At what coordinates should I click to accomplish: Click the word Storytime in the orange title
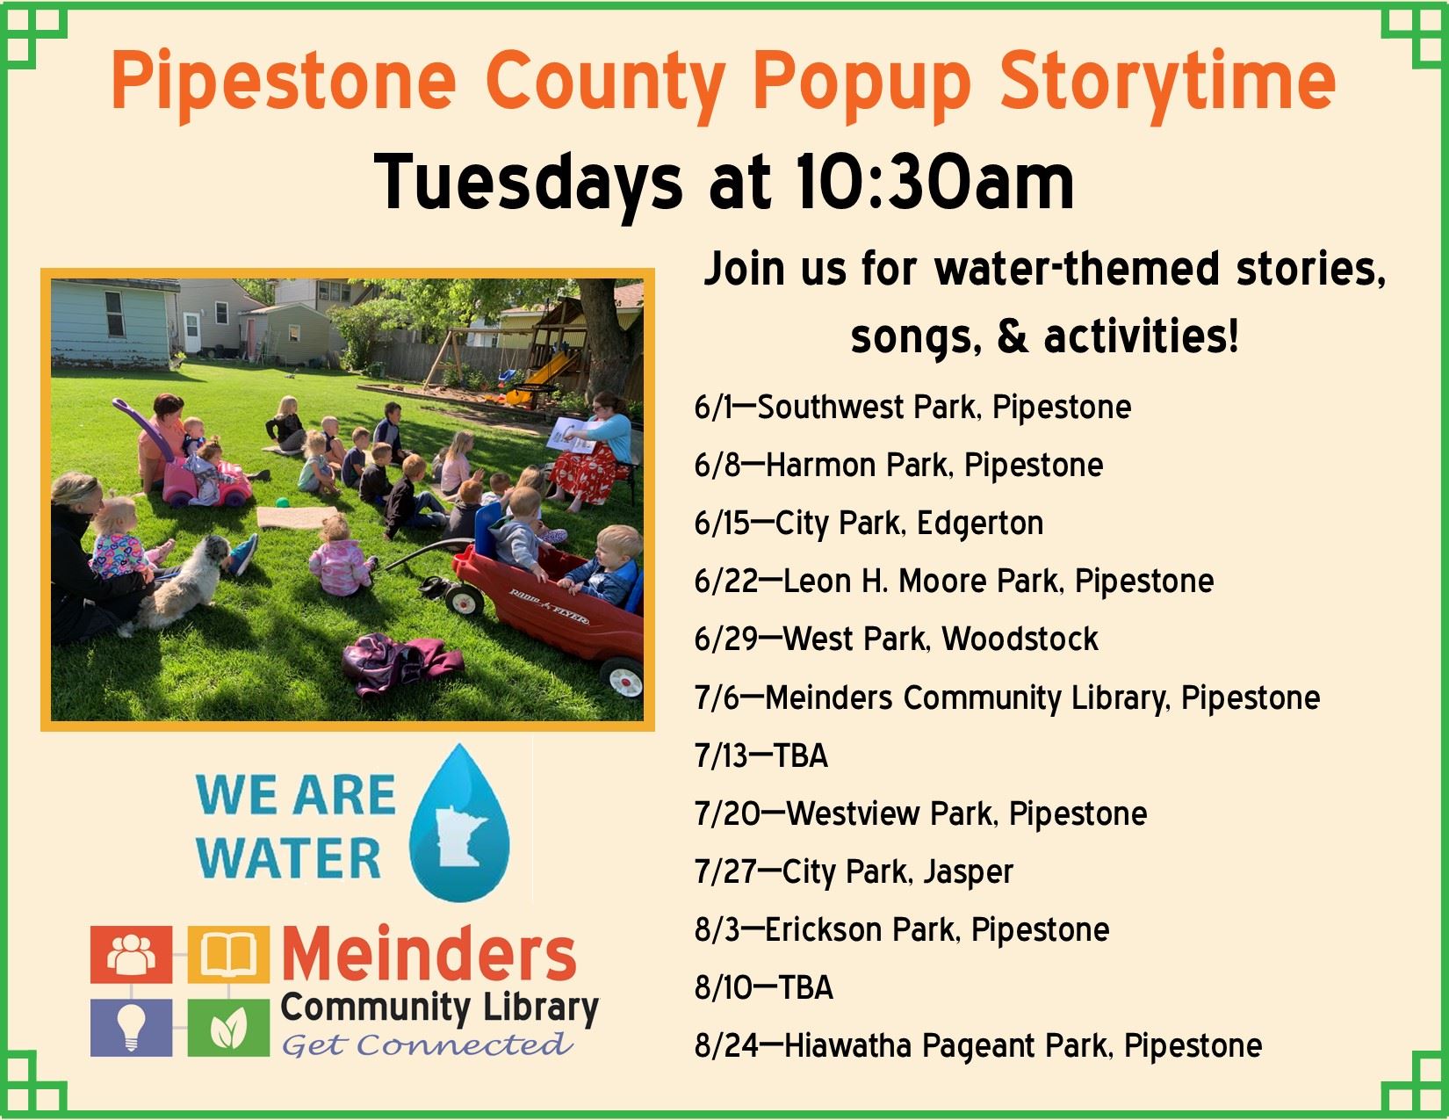tap(1168, 84)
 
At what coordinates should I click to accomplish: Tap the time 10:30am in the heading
tap(934, 183)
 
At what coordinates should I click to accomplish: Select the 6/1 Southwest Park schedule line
tap(912, 408)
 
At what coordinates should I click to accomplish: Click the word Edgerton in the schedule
tap(979, 524)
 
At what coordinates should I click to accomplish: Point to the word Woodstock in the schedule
tap(1020, 639)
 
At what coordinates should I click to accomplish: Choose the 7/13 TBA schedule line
tap(761, 755)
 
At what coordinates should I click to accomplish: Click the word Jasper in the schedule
tap(968, 872)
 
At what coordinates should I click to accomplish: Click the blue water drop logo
tap(459, 823)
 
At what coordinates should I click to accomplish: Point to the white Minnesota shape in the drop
tap(458, 836)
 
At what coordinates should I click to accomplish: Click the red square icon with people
tap(132, 955)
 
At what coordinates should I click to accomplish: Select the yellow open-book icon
tap(228, 955)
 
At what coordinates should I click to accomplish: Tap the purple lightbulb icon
tap(132, 1028)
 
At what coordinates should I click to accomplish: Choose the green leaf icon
tap(228, 1028)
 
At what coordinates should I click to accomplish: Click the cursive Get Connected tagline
tap(427, 1045)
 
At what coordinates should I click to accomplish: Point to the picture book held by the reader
tap(572, 435)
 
